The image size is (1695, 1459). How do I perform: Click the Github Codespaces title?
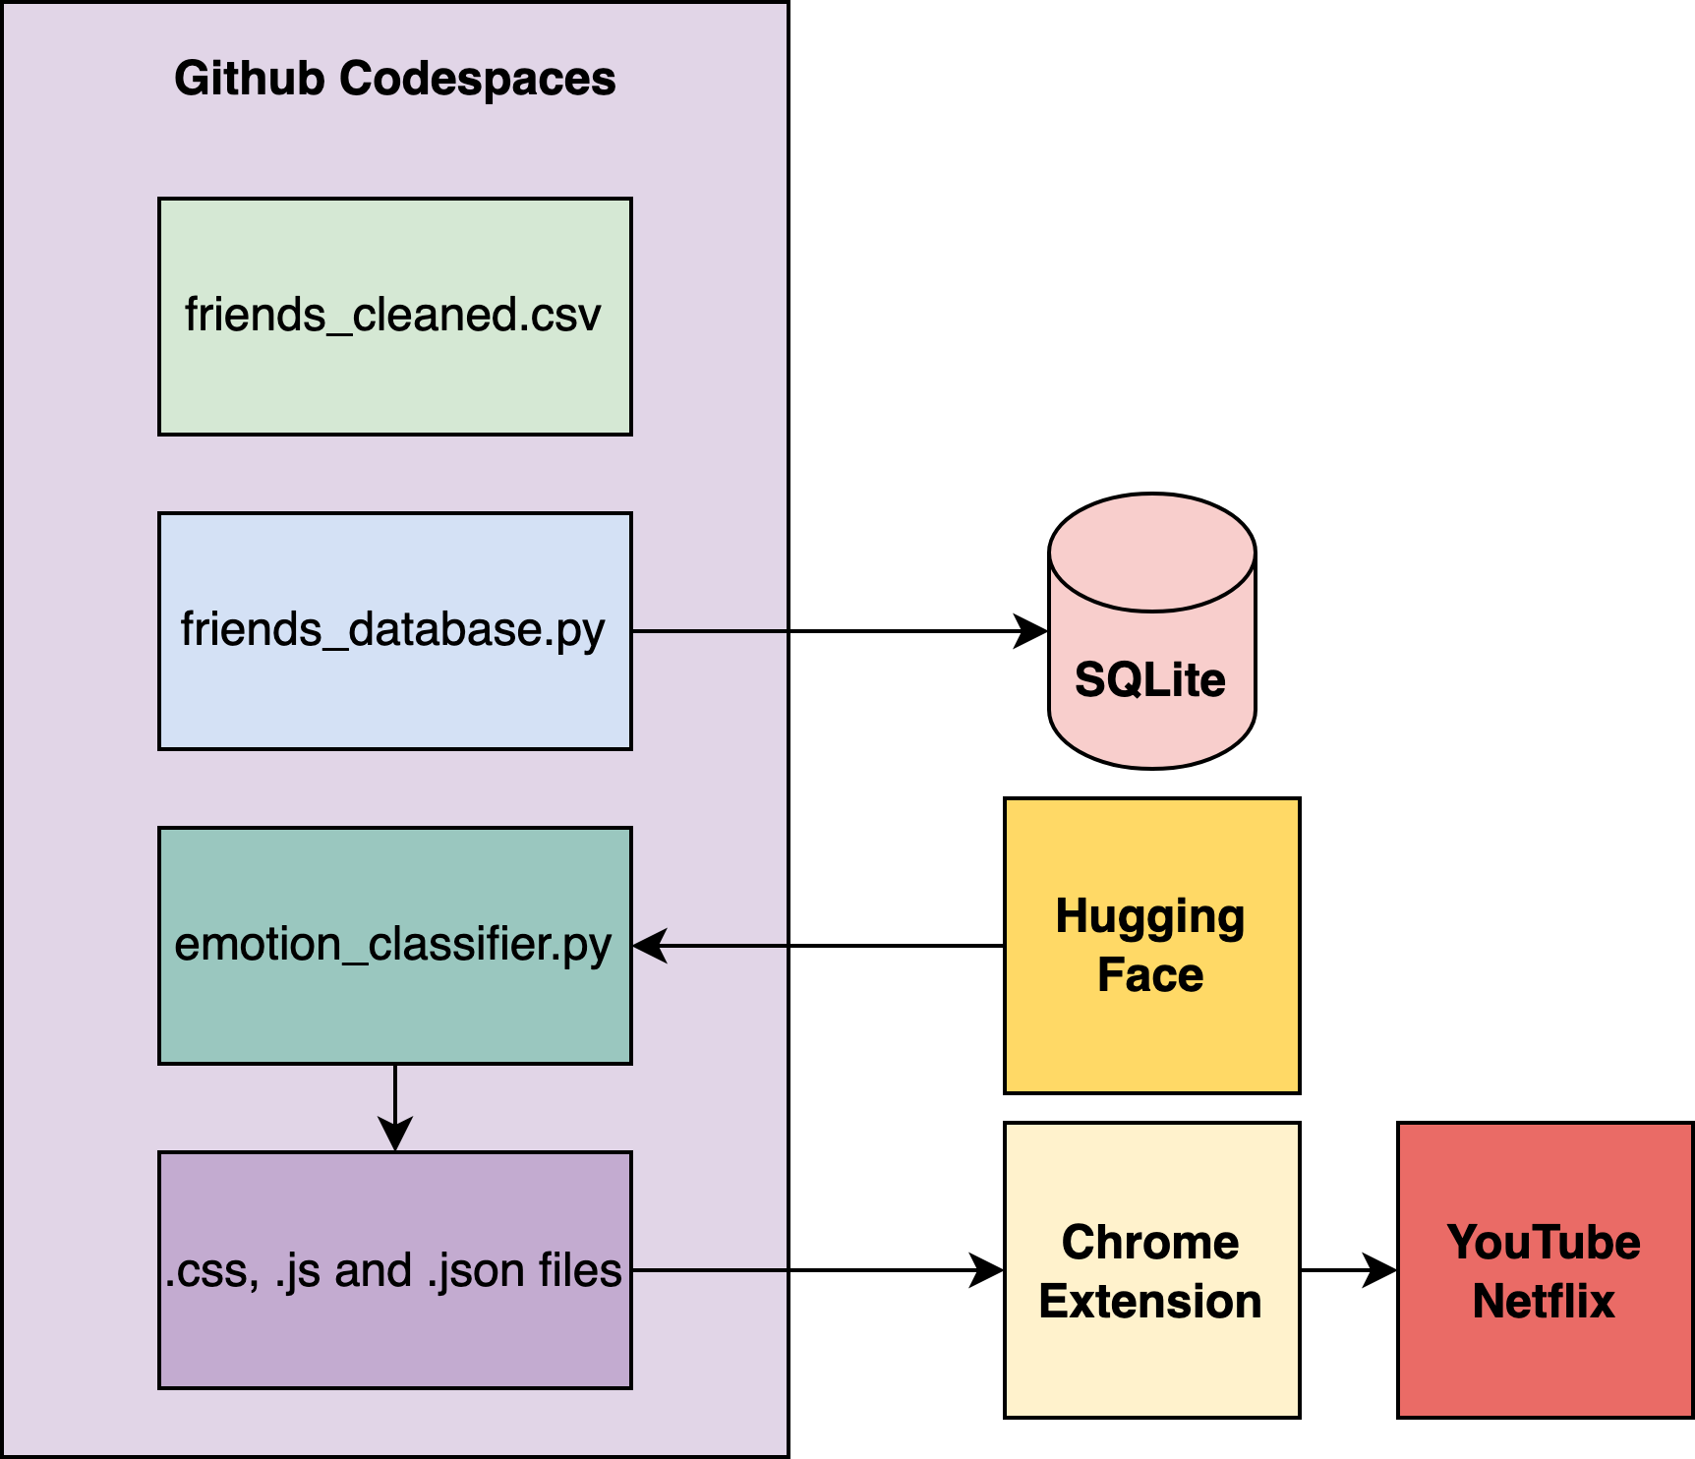(x=394, y=79)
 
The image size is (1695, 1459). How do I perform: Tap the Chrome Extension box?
(x=1151, y=1357)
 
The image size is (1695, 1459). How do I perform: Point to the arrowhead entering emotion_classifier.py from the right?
(x=650, y=946)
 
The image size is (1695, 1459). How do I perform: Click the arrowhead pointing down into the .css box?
(x=394, y=1134)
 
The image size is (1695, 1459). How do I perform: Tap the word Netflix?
(x=1544, y=1302)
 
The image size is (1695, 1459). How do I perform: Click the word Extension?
(x=1150, y=1302)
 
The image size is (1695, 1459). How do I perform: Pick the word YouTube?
(x=1544, y=1243)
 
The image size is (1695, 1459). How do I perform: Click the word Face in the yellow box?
(x=1150, y=975)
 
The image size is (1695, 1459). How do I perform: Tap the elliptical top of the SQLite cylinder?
(x=1151, y=553)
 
